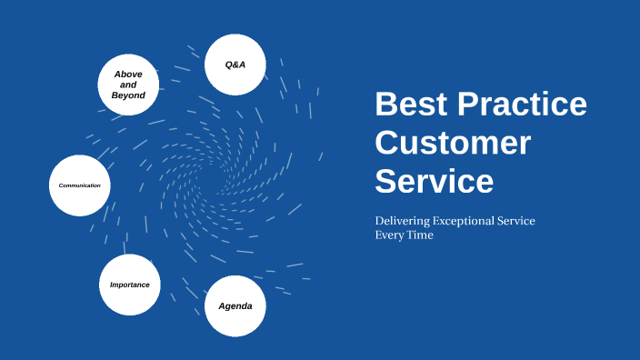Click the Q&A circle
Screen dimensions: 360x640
click(235, 65)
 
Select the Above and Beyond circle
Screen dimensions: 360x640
click(128, 85)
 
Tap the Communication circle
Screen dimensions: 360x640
click(80, 185)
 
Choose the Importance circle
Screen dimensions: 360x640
click(130, 285)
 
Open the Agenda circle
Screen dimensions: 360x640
click(235, 305)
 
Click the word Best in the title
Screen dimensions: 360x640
click(410, 105)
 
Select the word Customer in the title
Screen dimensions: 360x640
click(453, 144)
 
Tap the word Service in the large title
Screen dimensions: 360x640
click(435, 181)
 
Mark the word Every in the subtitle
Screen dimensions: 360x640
click(388, 235)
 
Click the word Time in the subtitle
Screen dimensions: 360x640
click(420, 235)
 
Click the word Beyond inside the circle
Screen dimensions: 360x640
click(128, 95)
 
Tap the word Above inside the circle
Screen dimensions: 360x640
click(128, 74)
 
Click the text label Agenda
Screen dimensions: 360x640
click(235, 306)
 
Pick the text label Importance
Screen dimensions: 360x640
click(130, 285)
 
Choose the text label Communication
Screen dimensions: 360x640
click(80, 185)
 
